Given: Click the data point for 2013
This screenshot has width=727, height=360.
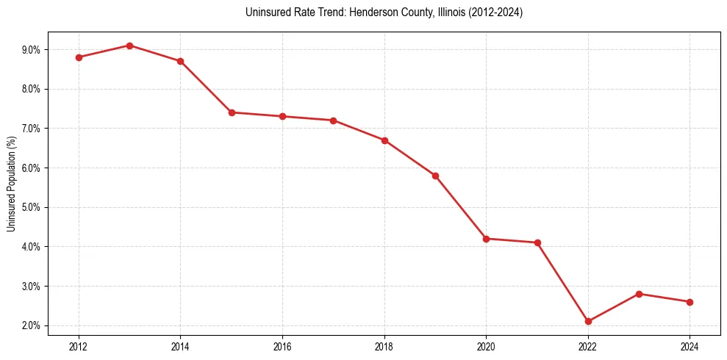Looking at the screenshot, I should (x=129, y=46).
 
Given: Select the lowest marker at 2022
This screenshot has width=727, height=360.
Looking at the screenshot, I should (x=588, y=321).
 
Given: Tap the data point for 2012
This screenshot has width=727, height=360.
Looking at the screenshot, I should (x=79, y=57).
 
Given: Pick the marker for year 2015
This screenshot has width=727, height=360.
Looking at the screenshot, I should (x=232, y=112).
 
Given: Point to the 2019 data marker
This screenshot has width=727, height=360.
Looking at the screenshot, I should (x=435, y=176).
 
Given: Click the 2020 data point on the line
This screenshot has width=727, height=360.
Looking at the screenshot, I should (x=486, y=239).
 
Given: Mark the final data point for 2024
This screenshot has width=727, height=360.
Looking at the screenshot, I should (x=690, y=302).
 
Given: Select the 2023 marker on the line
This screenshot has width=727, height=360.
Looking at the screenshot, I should (x=639, y=294).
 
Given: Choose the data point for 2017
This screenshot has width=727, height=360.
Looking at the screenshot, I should (x=333, y=120).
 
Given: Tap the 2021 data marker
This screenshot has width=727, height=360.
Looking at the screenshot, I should (x=537, y=242).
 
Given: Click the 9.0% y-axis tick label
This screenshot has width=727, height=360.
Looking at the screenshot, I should (x=32, y=50).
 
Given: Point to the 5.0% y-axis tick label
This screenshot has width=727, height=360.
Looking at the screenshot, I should (x=32, y=207).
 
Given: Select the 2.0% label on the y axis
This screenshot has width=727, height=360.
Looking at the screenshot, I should (x=32, y=325).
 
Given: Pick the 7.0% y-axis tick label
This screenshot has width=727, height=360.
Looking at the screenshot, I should (x=32, y=129).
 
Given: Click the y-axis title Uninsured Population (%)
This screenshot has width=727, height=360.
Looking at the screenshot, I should (x=11, y=183).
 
